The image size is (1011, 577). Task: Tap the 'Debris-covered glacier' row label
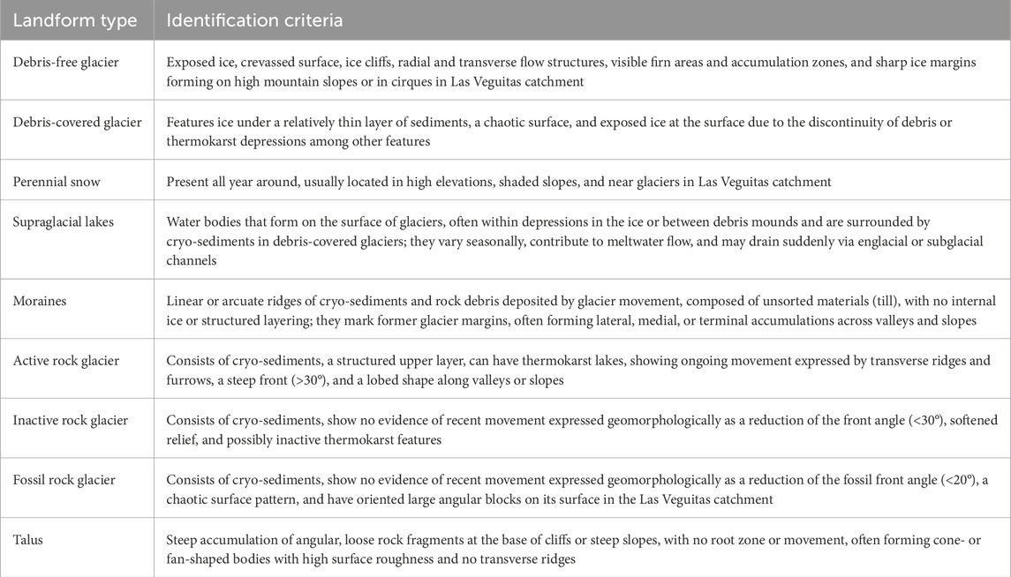[x=77, y=122]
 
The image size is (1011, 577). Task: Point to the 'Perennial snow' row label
[x=56, y=181]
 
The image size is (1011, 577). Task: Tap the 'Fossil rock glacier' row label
[x=64, y=480]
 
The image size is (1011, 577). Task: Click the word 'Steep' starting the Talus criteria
[x=185, y=539]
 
